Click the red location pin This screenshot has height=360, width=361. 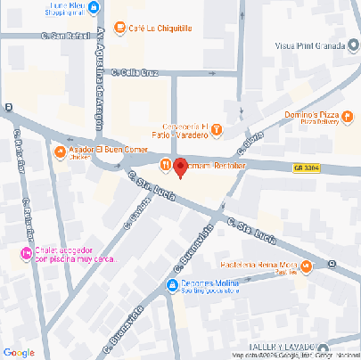coord(180,167)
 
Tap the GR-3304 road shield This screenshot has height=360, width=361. coord(306,167)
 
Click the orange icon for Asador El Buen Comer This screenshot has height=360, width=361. coord(59,152)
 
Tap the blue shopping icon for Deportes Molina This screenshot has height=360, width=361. coord(173,284)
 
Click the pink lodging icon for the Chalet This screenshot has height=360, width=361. coord(25,255)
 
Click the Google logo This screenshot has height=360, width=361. coord(19,351)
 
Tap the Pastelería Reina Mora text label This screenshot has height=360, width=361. coord(260,266)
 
